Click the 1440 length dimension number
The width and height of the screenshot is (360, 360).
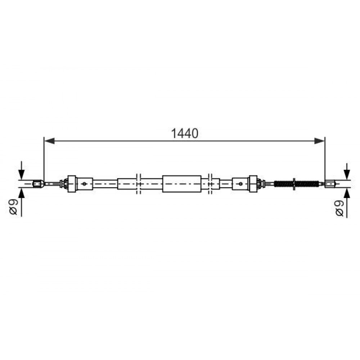click(185, 134)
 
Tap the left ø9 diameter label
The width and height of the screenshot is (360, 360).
click(14, 207)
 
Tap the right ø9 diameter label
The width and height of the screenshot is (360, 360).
click(339, 208)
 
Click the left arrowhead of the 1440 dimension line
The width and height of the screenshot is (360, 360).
click(49, 141)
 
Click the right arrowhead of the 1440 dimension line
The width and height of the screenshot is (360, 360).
click(319, 141)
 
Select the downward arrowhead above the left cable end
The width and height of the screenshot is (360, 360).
click(21, 175)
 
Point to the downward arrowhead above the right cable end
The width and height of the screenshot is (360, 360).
click(347, 175)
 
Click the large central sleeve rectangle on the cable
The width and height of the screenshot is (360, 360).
click(182, 184)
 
